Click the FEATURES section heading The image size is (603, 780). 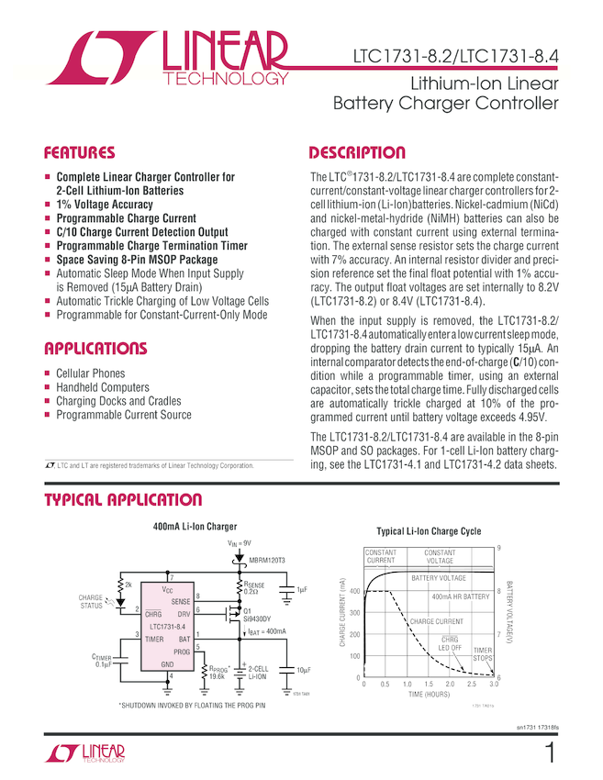(x=80, y=152)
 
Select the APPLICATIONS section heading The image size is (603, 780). (x=95, y=349)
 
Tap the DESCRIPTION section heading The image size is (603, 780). (x=357, y=152)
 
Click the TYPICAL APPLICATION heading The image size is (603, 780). (x=124, y=500)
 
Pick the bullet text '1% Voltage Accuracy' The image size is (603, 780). (x=105, y=205)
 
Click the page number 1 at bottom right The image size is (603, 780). (x=549, y=754)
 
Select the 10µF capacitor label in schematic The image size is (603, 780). (x=303, y=670)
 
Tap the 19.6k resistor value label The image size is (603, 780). (x=218, y=676)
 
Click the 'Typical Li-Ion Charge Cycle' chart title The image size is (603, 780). (x=429, y=531)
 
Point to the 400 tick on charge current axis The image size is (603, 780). (x=354, y=592)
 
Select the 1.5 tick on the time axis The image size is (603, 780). (x=429, y=685)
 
